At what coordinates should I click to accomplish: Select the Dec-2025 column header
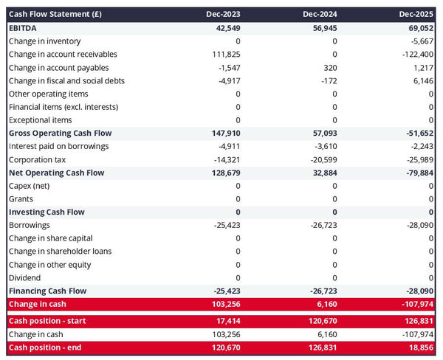[x=416, y=14]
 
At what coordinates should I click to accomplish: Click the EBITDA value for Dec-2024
[x=321, y=27]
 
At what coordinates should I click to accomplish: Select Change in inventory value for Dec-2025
[x=420, y=41]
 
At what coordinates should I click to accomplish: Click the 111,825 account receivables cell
[x=224, y=54]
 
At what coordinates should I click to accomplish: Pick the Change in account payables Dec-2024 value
[x=329, y=67]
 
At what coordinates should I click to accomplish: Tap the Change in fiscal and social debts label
[x=66, y=80]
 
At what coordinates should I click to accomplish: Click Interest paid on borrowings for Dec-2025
[x=420, y=146]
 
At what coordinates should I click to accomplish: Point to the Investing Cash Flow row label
[x=47, y=212]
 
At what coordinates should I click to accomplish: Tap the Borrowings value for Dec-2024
[x=321, y=224]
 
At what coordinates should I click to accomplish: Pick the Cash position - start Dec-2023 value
[x=226, y=321]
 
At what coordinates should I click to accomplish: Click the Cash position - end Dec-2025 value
[x=420, y=347]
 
